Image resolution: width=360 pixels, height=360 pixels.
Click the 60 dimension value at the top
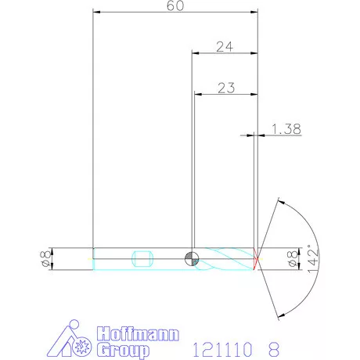click(176, 6)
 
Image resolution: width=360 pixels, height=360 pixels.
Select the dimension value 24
click(225, 47)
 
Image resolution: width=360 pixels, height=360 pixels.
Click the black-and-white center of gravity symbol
click(192, 259)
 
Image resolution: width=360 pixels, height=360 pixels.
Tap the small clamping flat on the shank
click(141, 259)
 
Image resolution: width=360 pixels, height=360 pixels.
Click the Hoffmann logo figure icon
click(76, 340)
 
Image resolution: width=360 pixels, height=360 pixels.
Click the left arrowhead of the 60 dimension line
click(96, 12)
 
